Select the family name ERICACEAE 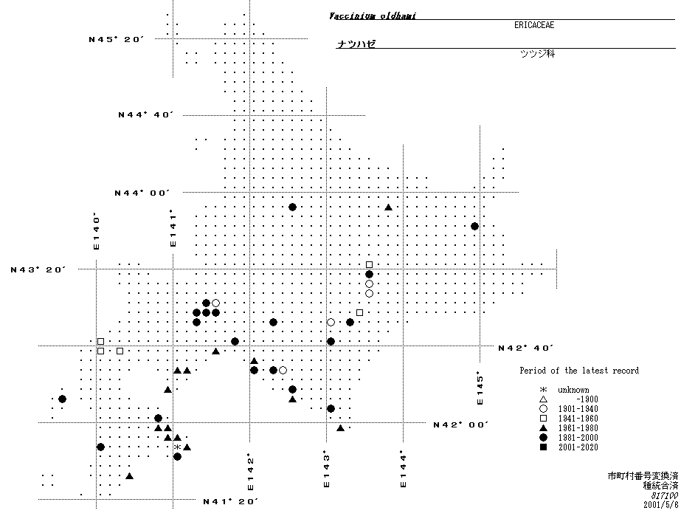(x=534, y=25)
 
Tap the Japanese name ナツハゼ (x=356, y=44)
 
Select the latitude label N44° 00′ (x=142, y=193)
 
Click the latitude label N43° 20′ (x=38, y=269)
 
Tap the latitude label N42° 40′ (x=525, y=348)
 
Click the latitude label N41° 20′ (x=230, y=501)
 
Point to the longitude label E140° (x=96, y=231)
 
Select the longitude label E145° (x=480, y=388)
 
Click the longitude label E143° (x=325, y=470)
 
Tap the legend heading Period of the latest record (x=578, y=371)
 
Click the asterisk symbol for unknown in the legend (x=543, y=390)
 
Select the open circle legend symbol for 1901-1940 (x=543, y=409)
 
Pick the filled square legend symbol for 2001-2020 (x=543, y=447)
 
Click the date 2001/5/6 (x=660, y=505)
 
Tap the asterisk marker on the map (x=177, y=447)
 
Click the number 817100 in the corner (x=665, y=495)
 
